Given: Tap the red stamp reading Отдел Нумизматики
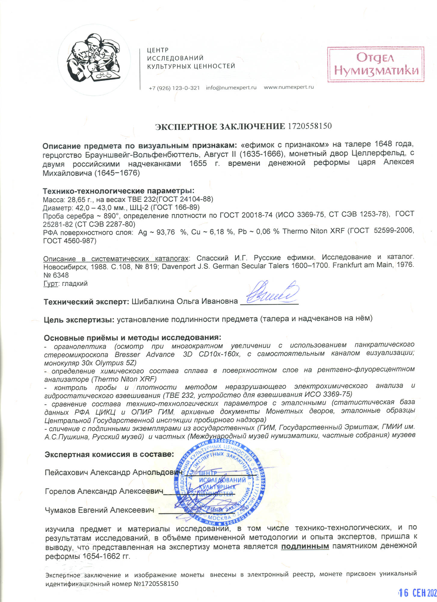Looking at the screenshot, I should pyautogui.click(x=375, y=64).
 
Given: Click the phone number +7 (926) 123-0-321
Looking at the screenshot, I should pyautogui.click(x=174, y=88).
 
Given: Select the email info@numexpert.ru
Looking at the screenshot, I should pyautogui.click(x=231, y=88).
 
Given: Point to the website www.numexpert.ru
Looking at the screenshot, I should pyautogui.click(x=289, y=87).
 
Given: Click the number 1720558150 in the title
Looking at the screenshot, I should pyautogui.click(x=310, y=126).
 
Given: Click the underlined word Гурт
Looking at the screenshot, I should pyautogui.click(x=51, y=284).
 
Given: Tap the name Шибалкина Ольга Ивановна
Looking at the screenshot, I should pyautogui.click(x=184, y=301).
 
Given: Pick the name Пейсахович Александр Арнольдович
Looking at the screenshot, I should pyautogui.click(x=113, y=472).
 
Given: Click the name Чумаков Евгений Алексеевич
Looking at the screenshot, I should pyautogui.click(x=99, y=510).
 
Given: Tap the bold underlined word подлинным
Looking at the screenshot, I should pyautogui.click(x=305, y=546).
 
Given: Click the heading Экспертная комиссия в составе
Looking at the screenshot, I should pyautogui.click(x=109, y=454).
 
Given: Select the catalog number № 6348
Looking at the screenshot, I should pyautogui.click(x=56, y=275).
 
